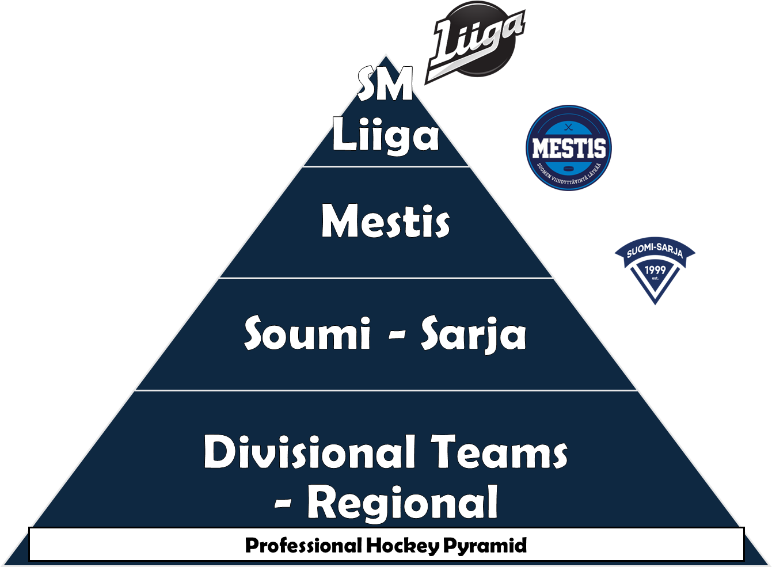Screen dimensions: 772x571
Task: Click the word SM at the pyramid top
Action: coord(385,85)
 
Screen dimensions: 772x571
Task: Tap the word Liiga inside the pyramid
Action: coord(385,136)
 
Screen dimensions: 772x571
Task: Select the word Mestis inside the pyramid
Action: coord(385,222)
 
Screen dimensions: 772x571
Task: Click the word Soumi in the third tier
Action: coord(307,334)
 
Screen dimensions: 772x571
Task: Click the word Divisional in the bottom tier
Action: coord(310,452)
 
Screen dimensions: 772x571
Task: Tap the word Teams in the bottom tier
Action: coord(500,452)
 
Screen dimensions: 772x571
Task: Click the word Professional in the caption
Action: coord(303,545)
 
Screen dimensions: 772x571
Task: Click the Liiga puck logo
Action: coord(475,40)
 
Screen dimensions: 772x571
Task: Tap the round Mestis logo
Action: coord(569,148)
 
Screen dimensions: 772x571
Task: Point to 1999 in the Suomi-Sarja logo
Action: coord(655,270)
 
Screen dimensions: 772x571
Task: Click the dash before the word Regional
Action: coord(283,505)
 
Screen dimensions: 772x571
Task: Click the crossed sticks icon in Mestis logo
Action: coord(569,128)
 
